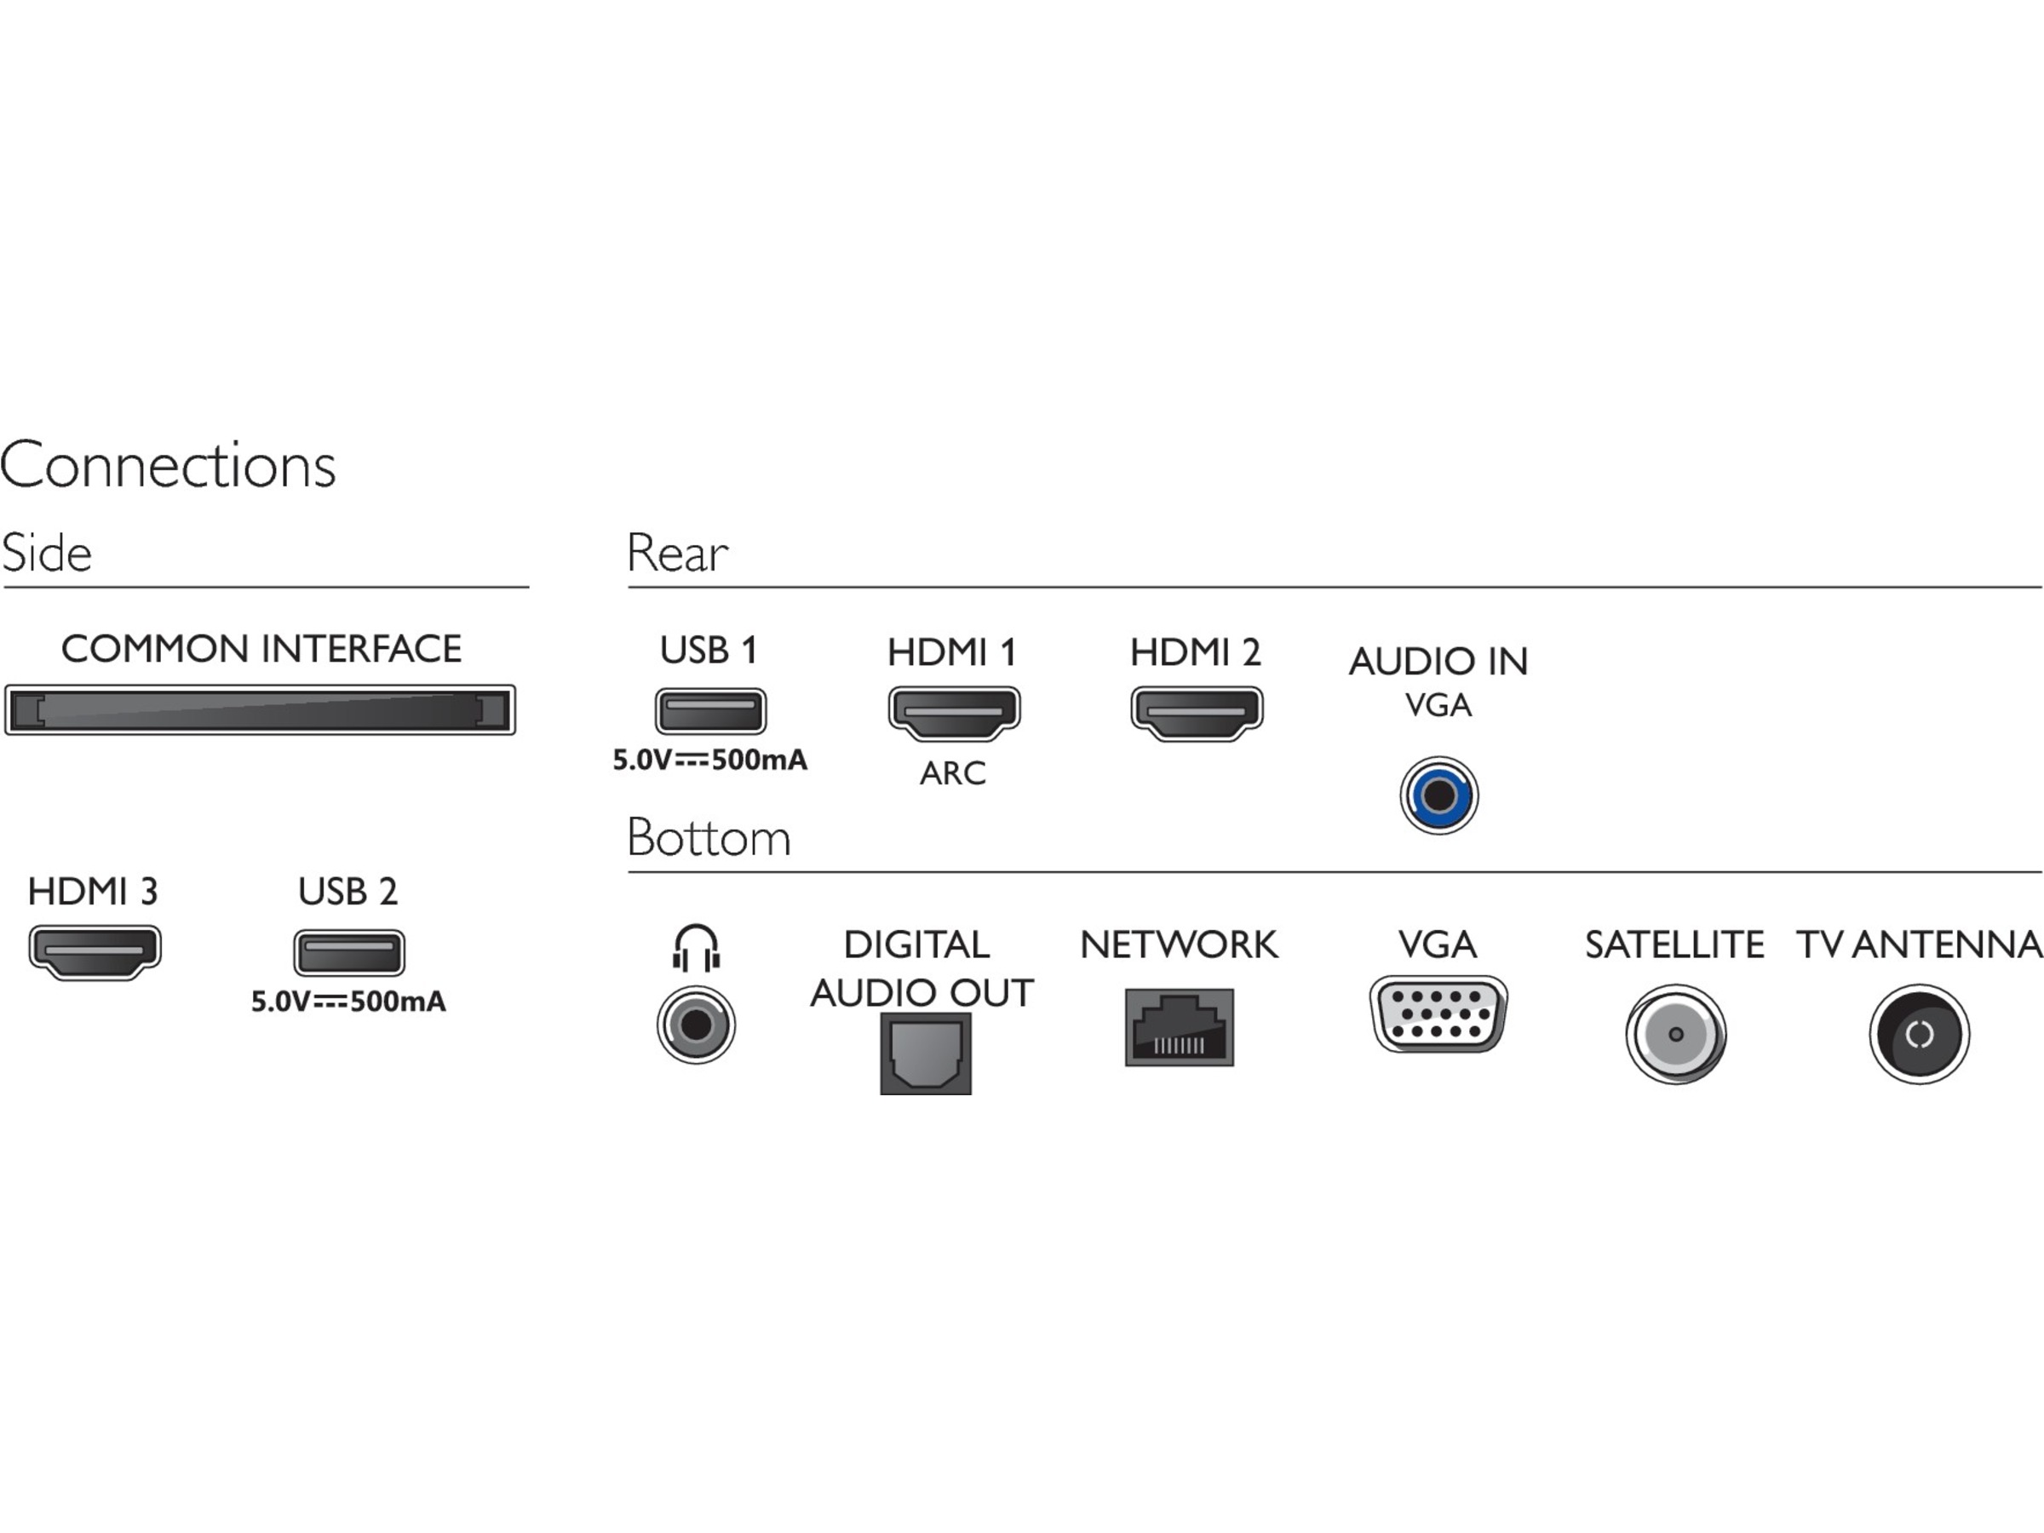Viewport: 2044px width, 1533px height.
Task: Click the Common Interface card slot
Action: coord(260,709)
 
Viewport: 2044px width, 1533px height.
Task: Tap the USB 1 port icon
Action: coord(709,710)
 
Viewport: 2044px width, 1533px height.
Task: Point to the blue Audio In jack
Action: coord(1438,795)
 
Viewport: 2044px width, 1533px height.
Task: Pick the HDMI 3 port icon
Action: coord(95,950)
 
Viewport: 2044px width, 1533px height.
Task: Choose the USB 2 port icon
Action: coord(348,952)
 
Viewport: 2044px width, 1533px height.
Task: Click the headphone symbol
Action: coord(696,948)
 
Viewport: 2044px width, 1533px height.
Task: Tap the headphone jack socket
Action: coord(696,1025)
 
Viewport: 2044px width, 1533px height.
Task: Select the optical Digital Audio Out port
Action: coord(925,1054)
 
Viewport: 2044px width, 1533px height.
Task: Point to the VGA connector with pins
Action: coord(1438,1013)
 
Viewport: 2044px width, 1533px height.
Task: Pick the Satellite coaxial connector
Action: coord(1675,1034)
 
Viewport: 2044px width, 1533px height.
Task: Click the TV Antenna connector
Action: coord(1920,1034)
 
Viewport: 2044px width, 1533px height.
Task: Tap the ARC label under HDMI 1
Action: coord(953,773)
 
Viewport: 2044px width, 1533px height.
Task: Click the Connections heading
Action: coord(167,465)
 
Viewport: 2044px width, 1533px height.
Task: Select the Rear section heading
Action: coord(677,554)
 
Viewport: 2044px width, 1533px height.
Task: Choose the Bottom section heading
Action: coord(709,838)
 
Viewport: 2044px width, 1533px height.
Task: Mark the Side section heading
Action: coord(47,554)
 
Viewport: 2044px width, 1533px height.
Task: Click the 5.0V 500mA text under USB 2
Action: coord(348,1002)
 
